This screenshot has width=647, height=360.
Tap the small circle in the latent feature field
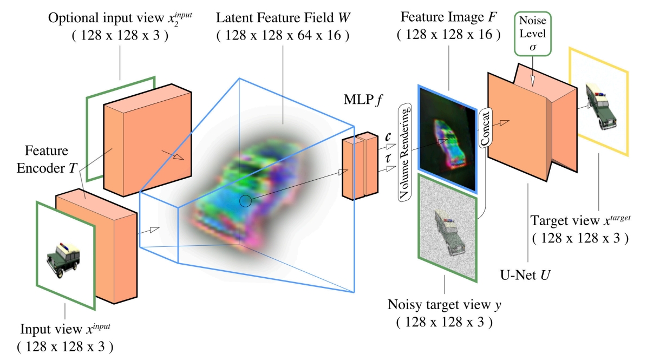(245, 201)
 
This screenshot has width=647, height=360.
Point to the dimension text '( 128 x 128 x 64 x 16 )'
(282, 36)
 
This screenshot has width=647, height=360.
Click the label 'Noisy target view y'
(444, 305)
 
